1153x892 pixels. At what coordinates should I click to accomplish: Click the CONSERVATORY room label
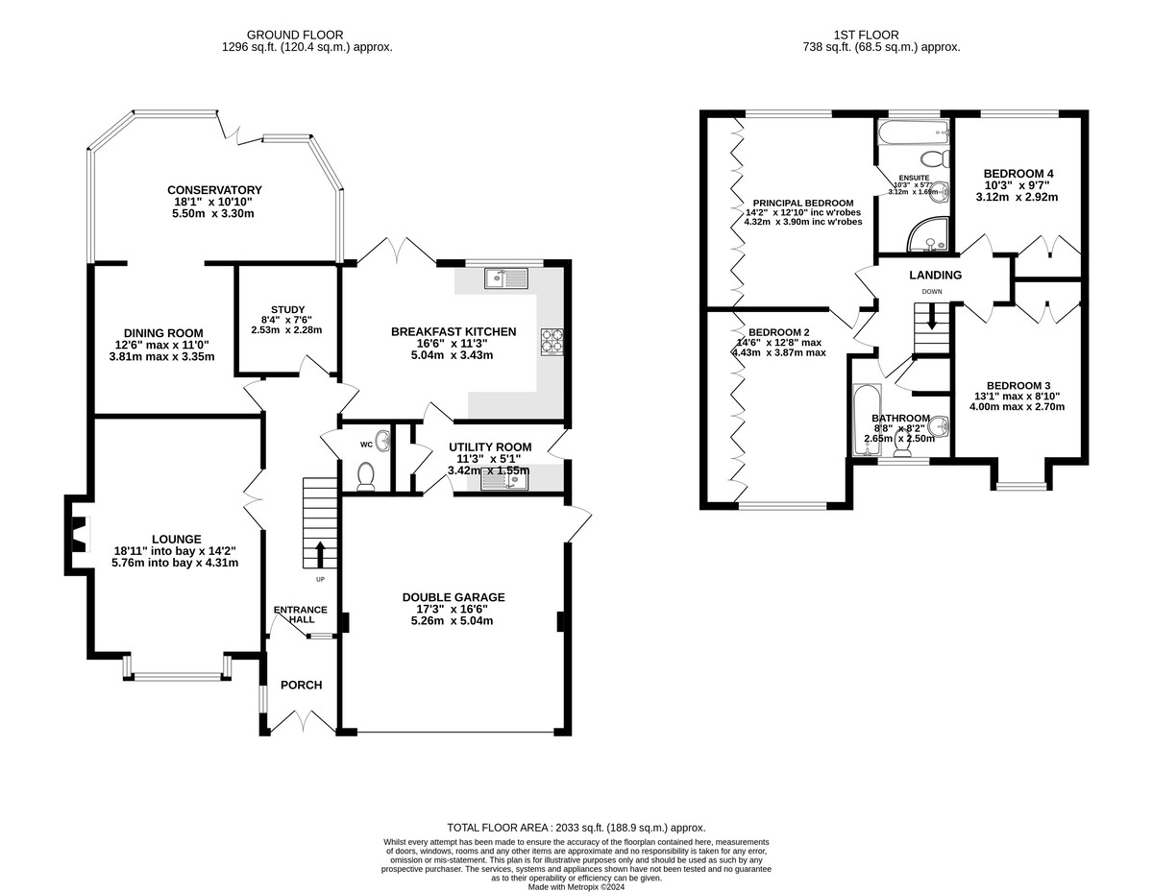(x=214, y=190)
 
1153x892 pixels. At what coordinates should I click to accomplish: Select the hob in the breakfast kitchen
(x=554, y=341)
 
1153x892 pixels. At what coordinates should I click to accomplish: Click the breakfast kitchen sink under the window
(x=506, y=278)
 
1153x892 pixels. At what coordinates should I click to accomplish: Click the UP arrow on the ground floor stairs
(x=319, y=555)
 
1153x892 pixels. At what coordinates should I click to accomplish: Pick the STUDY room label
(x=287, y=309)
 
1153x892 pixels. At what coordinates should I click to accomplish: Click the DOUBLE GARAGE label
(x=454, y=597)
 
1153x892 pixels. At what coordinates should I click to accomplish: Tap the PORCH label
(x=301, y=686)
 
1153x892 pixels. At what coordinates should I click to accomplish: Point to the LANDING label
(x=935, y=276)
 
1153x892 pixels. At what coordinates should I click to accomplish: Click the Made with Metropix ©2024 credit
(x=576, y=887)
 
